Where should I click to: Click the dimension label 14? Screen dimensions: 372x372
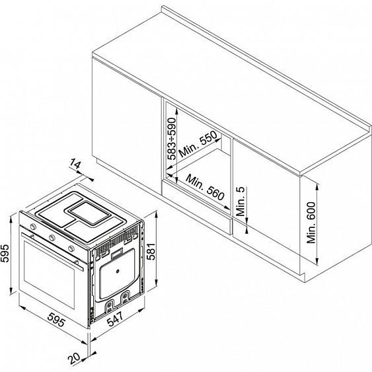tap(75, 164)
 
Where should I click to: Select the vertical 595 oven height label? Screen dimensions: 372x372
tap(5, 253)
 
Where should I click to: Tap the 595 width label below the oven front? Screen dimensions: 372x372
tap(56, 320)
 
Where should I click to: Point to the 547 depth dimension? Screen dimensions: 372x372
tap(115, 318)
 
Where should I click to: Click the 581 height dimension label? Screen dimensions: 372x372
tap(151, 251)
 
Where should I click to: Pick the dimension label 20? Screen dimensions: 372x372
tap(74, 359)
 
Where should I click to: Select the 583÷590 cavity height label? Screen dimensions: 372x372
tap(172, 139)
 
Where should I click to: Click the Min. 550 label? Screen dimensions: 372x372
tap(198, 144)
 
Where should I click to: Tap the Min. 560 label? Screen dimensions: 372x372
tap(205, 187)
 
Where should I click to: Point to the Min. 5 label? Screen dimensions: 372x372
tap(241, 201)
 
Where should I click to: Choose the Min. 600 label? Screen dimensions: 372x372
tap(311, 223)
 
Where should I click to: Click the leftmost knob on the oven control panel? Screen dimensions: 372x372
tap(33, 227)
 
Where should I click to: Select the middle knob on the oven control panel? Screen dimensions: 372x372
tap(52, 237)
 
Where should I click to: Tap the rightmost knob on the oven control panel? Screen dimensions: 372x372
tap(71, 248)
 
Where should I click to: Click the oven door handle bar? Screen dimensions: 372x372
tap(52, 252)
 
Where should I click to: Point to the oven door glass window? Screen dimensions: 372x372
tap(50, 275)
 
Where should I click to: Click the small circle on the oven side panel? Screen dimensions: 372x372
tap(117, 272)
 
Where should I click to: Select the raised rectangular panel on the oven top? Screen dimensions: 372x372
tap(91, 213)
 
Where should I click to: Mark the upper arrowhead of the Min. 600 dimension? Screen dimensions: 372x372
tap(317, 186)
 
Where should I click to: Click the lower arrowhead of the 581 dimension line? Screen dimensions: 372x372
tap(156, 283)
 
